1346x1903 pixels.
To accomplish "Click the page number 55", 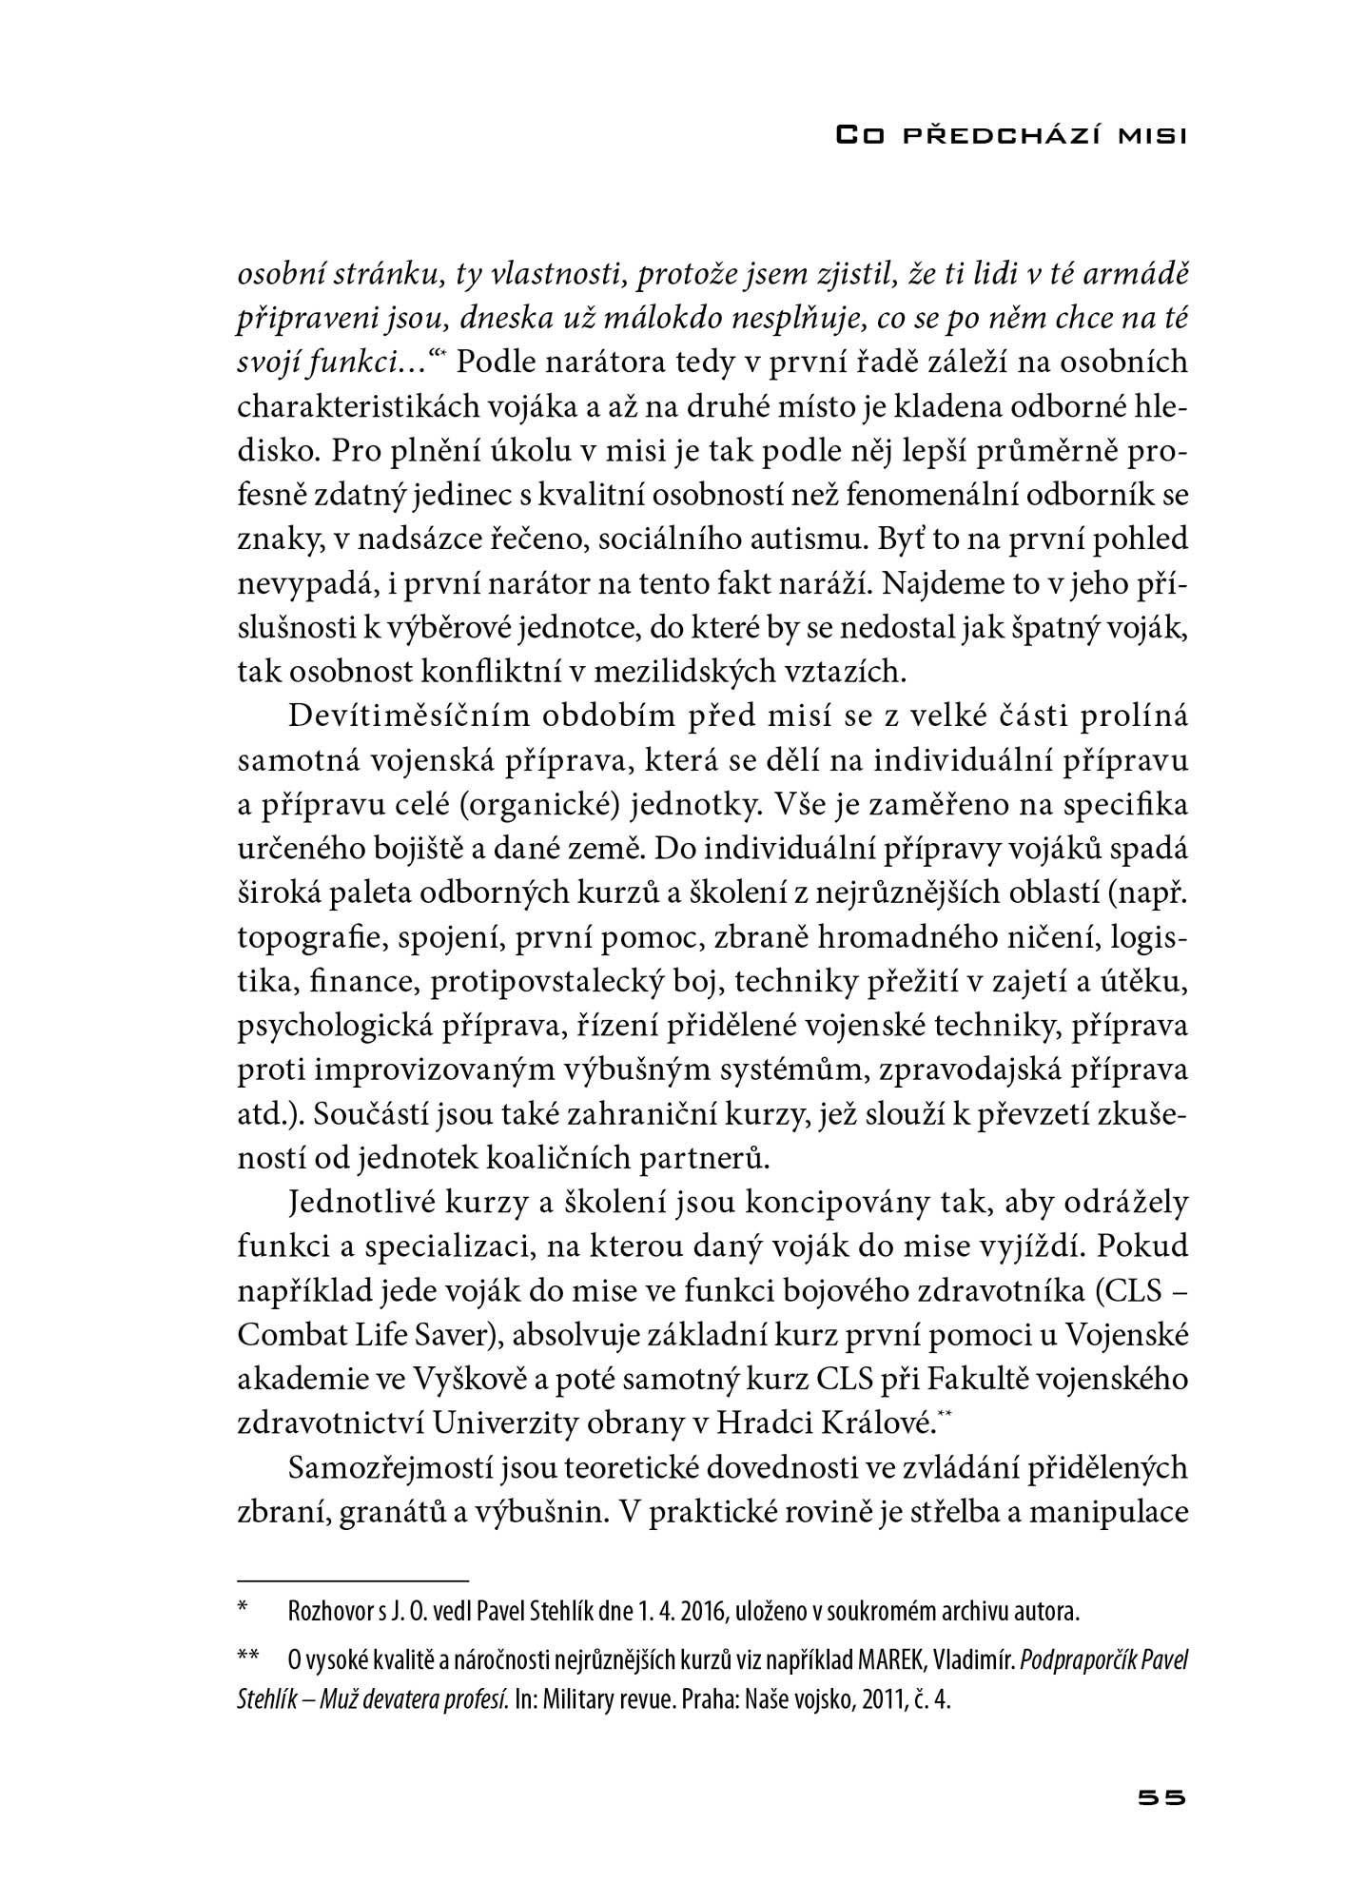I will point(1161,1798).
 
